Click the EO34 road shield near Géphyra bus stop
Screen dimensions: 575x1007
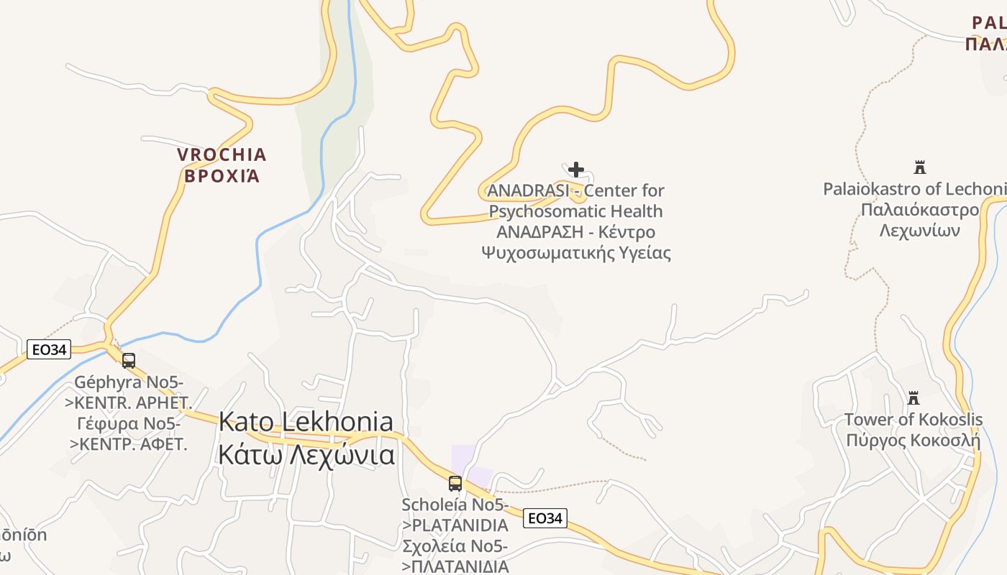[49, 350]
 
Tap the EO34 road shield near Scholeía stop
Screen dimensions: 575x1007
[544, 517]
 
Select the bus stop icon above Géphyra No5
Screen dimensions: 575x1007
[129, 361]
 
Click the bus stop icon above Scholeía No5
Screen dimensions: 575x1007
[455, 484]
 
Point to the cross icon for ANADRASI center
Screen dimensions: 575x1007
[575, 170]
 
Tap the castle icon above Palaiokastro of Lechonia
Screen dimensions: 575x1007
[919, 167]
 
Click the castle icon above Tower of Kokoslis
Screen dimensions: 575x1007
[913, 397]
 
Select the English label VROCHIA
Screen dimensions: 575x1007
[222, 155]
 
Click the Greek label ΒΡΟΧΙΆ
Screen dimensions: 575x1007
[222, 176]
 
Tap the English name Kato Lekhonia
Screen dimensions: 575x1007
[306, 422]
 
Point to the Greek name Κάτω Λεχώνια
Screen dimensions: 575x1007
[306, 455]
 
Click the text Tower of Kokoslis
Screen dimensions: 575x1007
[913, 419]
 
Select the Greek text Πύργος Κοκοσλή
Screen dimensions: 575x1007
[913, 440]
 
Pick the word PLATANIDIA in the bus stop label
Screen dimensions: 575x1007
[460, 525]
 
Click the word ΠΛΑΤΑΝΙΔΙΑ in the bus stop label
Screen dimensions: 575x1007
[460, 566]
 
